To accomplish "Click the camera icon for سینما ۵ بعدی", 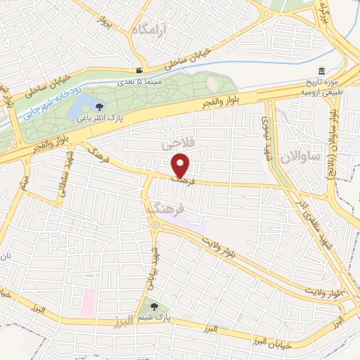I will point(140,71).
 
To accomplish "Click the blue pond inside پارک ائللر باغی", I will point(79,111).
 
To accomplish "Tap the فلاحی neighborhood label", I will point(176,145).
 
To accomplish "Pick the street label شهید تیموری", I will point(270,134).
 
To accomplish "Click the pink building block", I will point(88,302).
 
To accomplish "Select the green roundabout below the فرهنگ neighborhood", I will point(154,225).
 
